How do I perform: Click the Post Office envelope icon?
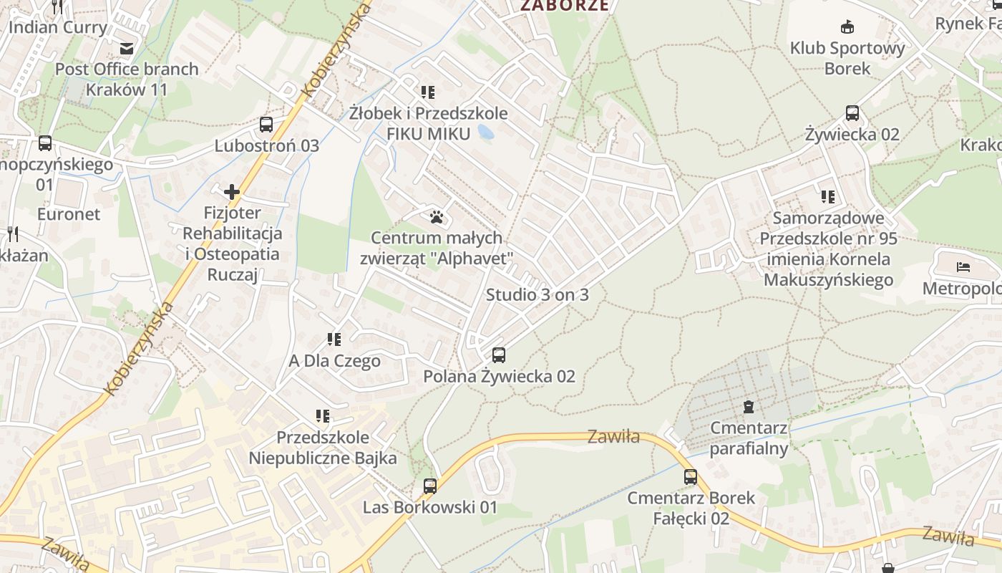pyautogui.click(x=127, y=48)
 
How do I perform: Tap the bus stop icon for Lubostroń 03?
pyautogui.click(x=266, y=125)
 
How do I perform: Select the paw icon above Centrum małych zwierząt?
pyautogui.click(x=437, y=216)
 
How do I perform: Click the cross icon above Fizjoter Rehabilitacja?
pyautogui.click(x=232, y=192)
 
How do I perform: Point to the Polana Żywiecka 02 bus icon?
pyautogui.click(x=499, y=355)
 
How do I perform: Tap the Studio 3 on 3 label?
pyautogui.click(x=537, y=294)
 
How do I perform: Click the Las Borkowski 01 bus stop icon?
pyautogui.click(x=429, y=486)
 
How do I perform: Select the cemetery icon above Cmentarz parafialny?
pyautogui.click(x=749, y=408)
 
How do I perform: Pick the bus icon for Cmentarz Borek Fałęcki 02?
pyautogui.click(x=690, y=476)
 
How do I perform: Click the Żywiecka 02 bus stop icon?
pyautogui.click(x=852, y=113)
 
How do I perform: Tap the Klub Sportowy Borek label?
pyautogui.click(x=847, y=58)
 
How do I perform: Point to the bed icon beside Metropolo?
pyautogui.click(x=963, y=268)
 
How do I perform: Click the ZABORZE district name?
pyautogui.click(x=565, y=6)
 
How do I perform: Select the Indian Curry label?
pyautogui.click(x=57, y=27)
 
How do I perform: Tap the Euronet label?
pyautogui.click(x=69, y=213)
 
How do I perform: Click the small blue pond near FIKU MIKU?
pyautogui.click(x=485, y=132)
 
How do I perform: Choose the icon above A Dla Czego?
pyautogui.click(x=334, y=340)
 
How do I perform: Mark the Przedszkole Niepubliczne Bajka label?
pyautogui.click(x=322, y=448)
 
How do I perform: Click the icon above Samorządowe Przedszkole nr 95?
pyautogui.click(x=828, y=196)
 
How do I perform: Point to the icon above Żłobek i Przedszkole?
pyautogui.click(x=428, y=92)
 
